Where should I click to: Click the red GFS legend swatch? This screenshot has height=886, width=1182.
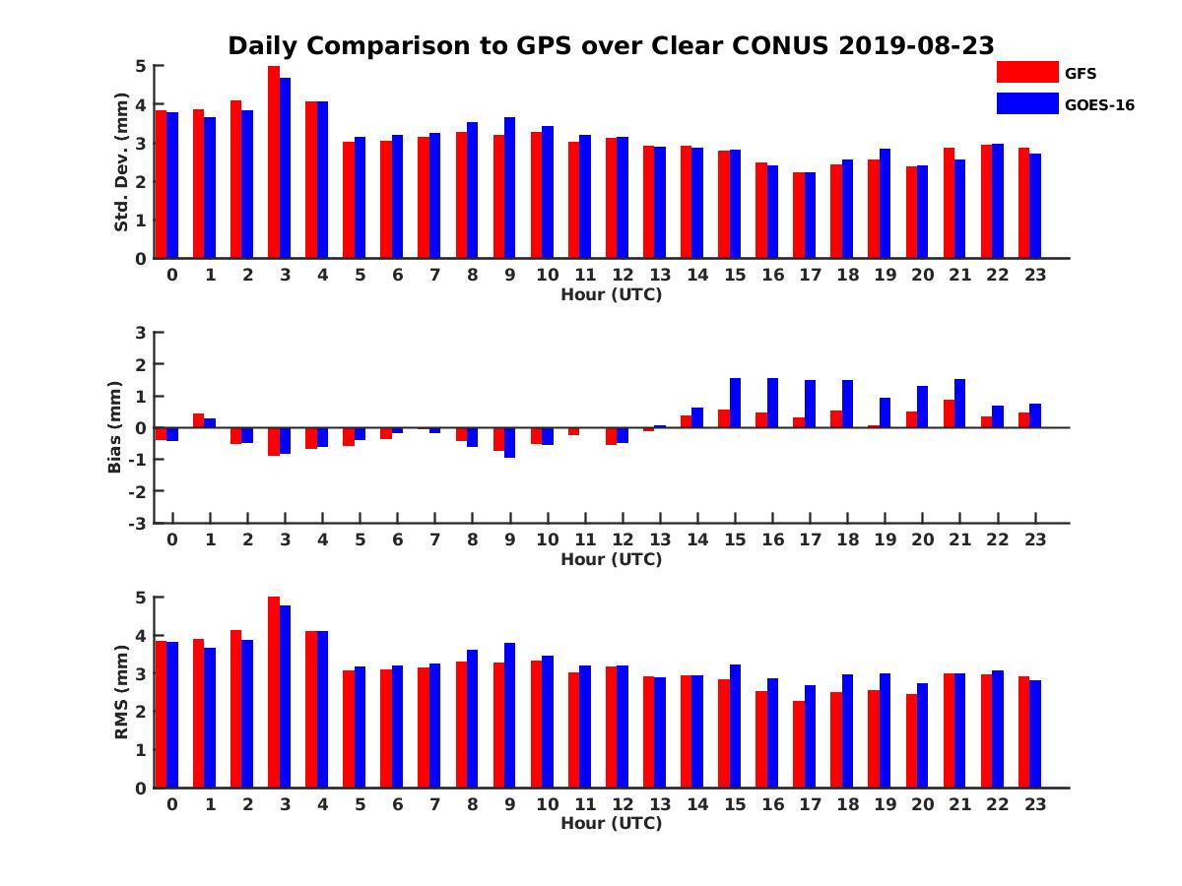1027,72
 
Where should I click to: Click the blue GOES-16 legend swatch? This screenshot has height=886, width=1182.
1027,103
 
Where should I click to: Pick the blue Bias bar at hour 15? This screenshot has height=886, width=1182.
735,403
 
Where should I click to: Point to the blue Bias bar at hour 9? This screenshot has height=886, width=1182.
510,442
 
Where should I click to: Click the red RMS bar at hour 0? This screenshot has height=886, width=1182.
161,715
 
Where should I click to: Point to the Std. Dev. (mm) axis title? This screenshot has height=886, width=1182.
121,162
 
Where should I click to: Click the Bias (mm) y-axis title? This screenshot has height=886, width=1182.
115,426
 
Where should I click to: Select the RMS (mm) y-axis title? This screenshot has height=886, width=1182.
121,692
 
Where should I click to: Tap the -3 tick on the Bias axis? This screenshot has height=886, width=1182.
138,523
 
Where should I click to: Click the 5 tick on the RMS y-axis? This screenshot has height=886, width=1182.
141,598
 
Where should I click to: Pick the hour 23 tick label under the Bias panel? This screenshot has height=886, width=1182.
1034,540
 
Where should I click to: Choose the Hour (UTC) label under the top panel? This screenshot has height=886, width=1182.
611,294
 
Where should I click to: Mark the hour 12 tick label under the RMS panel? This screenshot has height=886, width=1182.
622,804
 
